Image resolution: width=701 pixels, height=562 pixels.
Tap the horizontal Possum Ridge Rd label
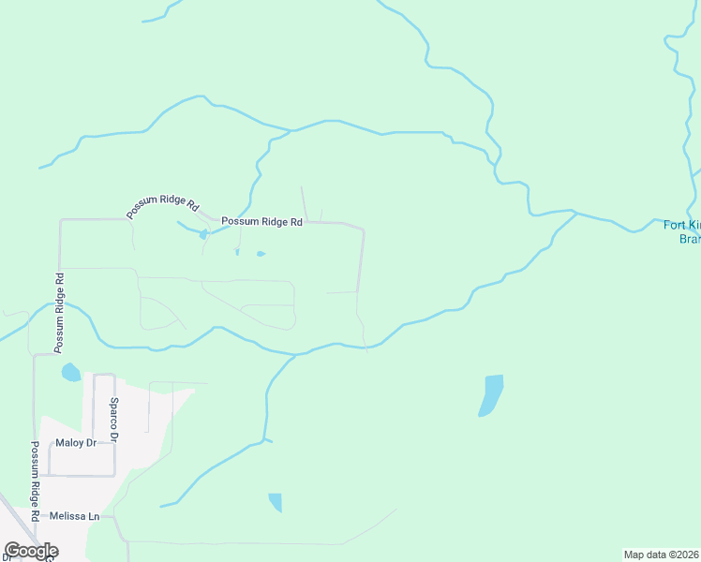(x=261, y=222)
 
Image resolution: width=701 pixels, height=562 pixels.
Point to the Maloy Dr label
(x=76, y=442)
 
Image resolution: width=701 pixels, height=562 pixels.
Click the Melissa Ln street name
(x=74, y=516)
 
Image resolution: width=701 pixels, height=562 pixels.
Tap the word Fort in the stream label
(x=675, y=225)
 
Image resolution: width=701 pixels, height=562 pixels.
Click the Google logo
(x=31, y=551)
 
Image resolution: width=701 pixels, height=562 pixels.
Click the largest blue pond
(x=490, y=394)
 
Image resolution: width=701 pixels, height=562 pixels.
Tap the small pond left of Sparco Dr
(x=70, y=373)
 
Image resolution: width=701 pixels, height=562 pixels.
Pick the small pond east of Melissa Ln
(x=275, y=502)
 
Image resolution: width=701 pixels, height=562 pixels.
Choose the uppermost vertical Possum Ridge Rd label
(x=59, y=313)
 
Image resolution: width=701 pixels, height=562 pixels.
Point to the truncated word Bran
(x=689, y=239)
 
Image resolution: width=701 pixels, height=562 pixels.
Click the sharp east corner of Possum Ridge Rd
(x=363, y=229)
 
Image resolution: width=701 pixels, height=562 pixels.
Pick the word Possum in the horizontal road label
(x=238, y=222)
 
